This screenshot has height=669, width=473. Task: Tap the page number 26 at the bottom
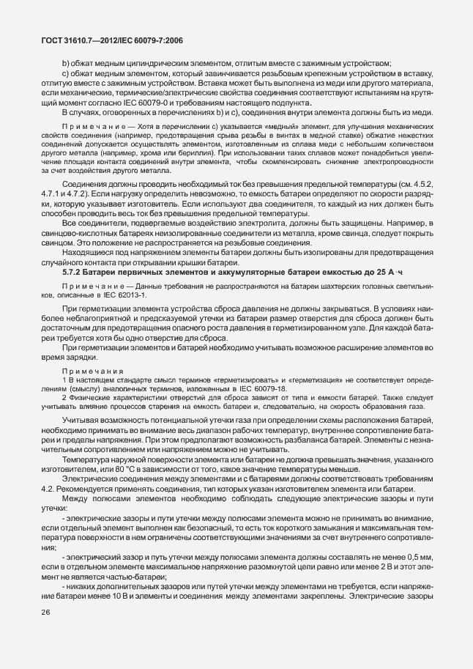coord(46,632)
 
